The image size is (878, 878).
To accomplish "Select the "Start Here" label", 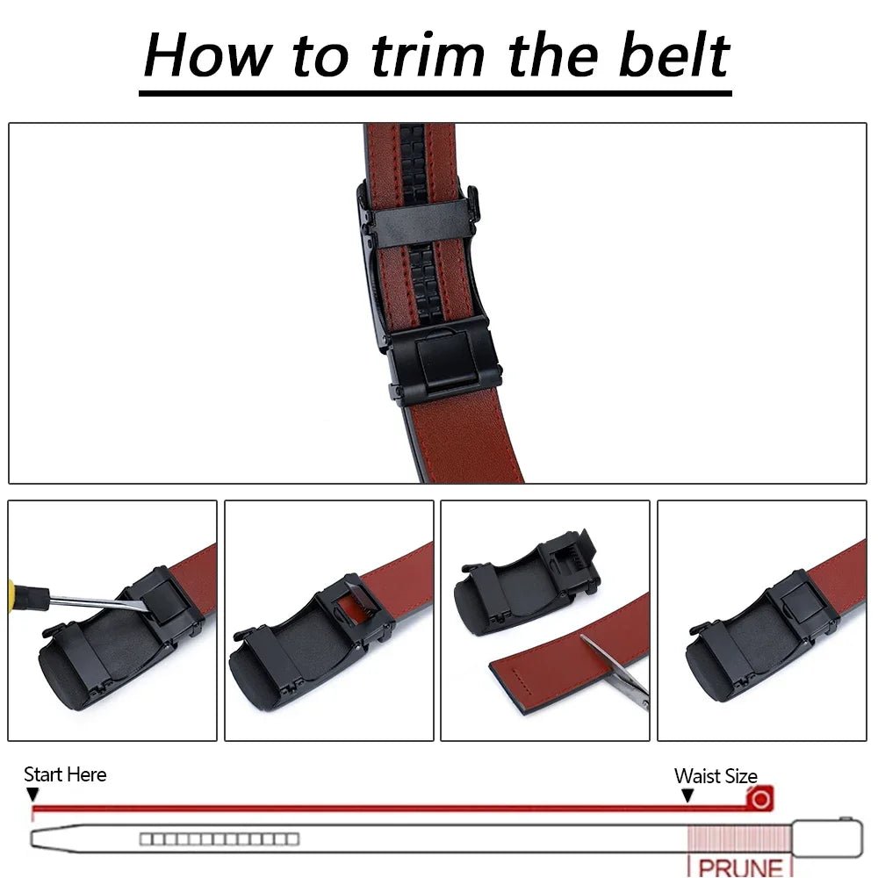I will pos(65,774).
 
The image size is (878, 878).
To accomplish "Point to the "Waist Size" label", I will pos(715,776).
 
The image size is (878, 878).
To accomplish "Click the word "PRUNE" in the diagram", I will pos(740,867).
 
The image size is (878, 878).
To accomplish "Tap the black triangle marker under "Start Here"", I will pos(32,795).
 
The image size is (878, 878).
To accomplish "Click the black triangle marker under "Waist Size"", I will pos(687,795).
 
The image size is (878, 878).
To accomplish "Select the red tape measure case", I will pos(759,798).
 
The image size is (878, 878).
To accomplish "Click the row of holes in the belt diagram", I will pos(219,839).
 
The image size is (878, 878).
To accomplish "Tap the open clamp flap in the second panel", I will pos(356,603).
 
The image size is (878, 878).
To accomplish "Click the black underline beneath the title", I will pos(435,92).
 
